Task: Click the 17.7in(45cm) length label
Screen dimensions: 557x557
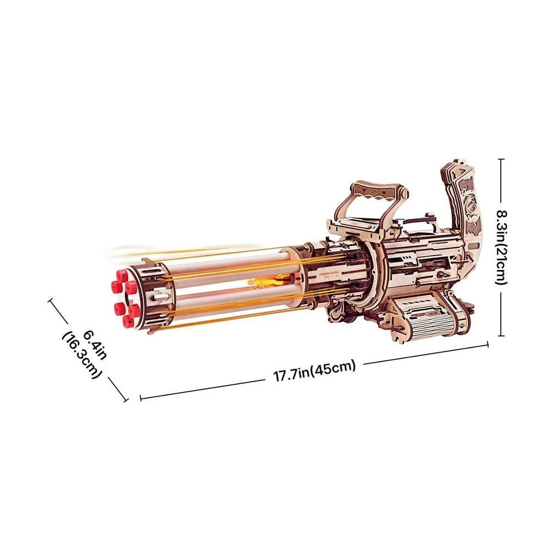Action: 314,370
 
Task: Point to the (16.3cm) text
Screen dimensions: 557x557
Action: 82,355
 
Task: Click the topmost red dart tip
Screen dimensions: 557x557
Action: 121,275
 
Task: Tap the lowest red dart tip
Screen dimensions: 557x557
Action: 127,321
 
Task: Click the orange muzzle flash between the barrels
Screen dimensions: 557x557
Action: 263,282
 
